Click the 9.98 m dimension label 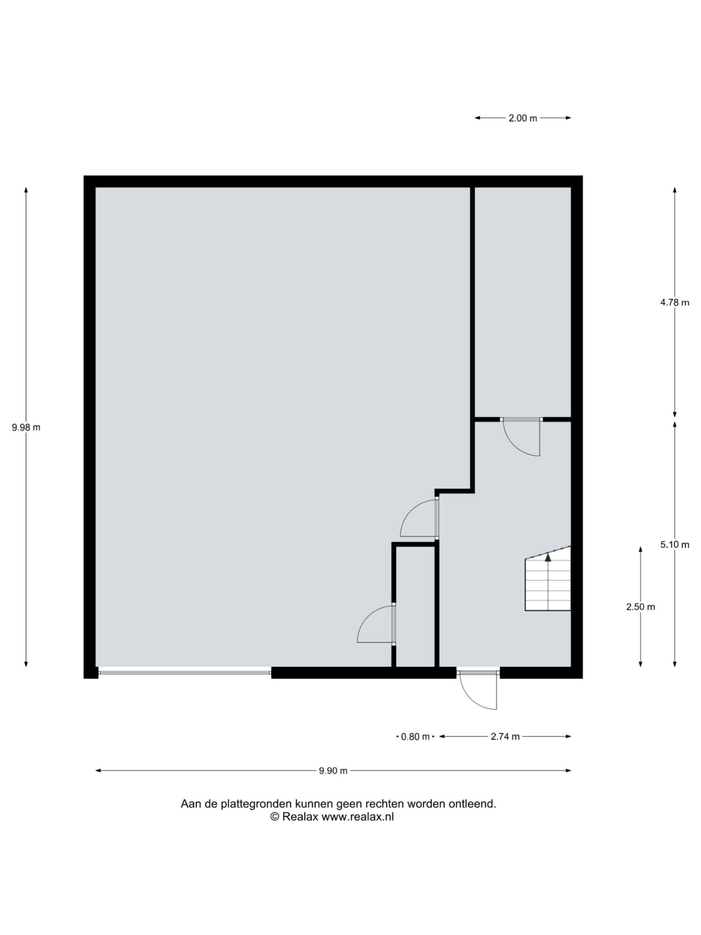tap(26, 427)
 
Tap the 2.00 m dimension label tap(523, 118)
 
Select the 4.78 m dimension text tap(674, 303)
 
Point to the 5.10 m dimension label tap(674, 545)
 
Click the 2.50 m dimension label tap(641, 607)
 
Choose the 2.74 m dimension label tap(505, 737)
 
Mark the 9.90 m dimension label tap(333, 771)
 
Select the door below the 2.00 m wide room tap(521, 437)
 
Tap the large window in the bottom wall tap(184, 672)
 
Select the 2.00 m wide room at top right tap(523, 302)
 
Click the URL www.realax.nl tap(357, 817)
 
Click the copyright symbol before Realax tap(275, 817)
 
